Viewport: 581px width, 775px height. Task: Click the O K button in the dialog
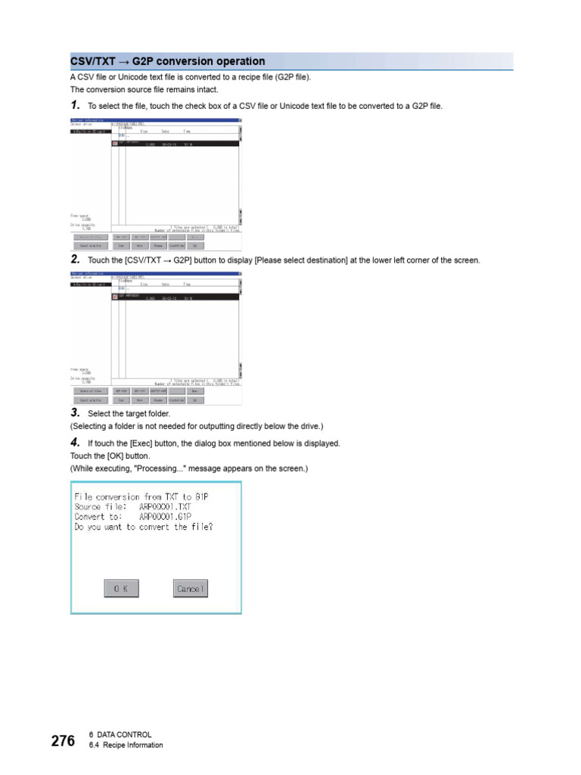click(x=121, y=588)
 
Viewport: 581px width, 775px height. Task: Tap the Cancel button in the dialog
click(x=189, y=588)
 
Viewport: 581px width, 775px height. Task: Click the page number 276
click(x=63, y=740)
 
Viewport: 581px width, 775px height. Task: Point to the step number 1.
click(x=74, y=105)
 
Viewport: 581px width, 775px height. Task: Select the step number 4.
click(x=74, y=442)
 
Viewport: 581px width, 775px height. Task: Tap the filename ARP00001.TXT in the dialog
click(x=165, y=506)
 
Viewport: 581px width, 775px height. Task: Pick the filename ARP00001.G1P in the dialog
click(x=165, y=517)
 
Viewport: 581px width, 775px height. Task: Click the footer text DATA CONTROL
click(x=124, y=735)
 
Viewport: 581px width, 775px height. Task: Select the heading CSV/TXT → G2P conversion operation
click(x=168, y=61)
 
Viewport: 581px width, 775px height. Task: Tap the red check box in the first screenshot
click(x=115, y=142)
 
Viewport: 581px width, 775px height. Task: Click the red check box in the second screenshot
click(x=115, y=296)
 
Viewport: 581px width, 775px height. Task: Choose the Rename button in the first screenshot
click(x=159, y=246)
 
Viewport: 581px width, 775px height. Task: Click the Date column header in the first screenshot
click(x=164, y=132)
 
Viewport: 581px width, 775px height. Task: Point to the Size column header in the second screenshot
click(x=143, y=285)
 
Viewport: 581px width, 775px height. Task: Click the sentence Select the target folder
click(x=129, y=413)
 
